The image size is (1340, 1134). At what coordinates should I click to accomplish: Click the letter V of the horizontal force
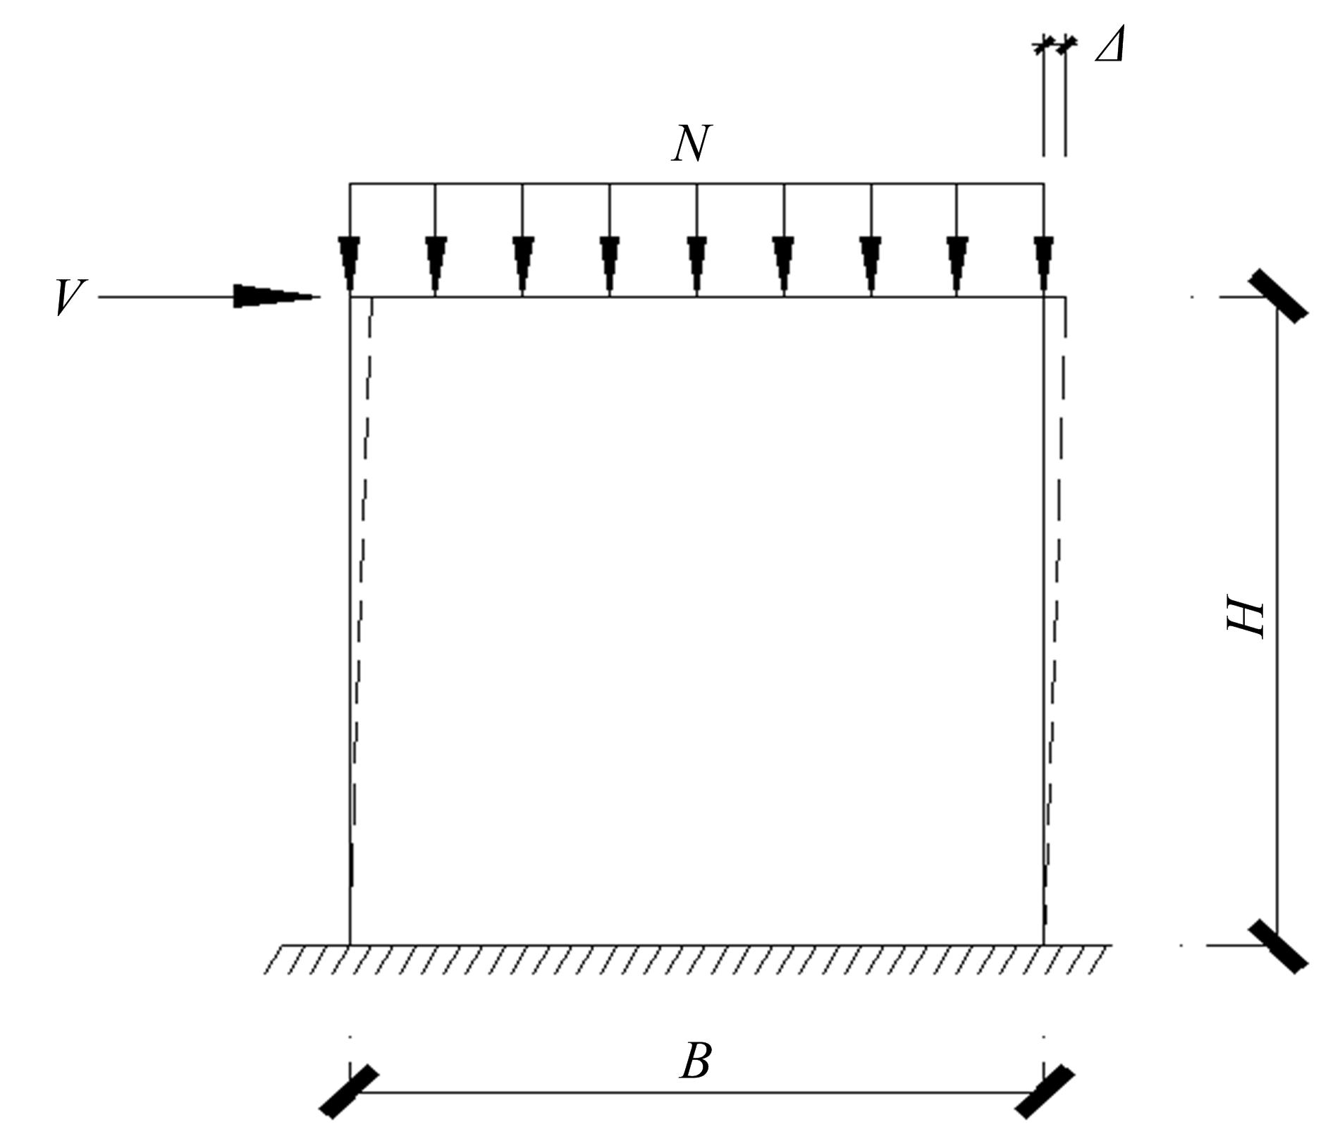(x=71, y=297)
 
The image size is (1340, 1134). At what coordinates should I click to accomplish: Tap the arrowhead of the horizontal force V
(x=277, y=296)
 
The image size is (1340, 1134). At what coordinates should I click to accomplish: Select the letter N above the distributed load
(x=692, y=144)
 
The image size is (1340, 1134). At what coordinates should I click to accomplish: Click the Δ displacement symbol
(x=1110, y=47)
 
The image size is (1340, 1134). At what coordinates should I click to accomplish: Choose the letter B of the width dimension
(x=696, y=1061)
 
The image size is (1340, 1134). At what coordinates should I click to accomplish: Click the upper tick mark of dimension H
(x=1278, y=296)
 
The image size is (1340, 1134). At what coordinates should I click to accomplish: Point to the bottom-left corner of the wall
(x=350, y=945)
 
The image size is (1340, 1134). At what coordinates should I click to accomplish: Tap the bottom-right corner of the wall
(x=1044, y=945)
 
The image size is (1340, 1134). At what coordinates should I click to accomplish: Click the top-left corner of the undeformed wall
(x=350, y=297)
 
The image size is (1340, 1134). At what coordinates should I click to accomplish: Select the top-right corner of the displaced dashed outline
(x=1065, y=297)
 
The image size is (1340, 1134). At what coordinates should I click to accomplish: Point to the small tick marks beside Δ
(x=1055, y=45)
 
